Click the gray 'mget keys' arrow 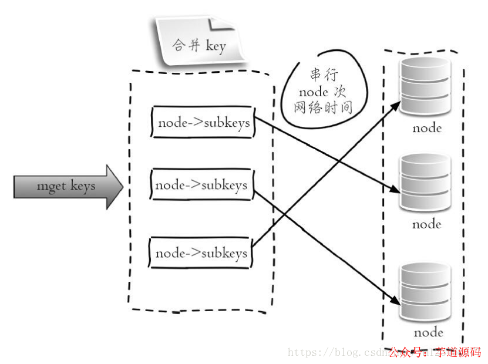tap(68, 187)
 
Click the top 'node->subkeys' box tap(203, 123)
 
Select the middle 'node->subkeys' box tap(201, 186)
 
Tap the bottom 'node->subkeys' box tap(201, 254)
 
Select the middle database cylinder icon tap(426, 183)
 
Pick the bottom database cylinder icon tap(426, 292)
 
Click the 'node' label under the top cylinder tap(427, 128)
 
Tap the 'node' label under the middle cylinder tap(427, 224)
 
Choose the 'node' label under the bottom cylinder tap(428, 332)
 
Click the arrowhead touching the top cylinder tap(395, 104)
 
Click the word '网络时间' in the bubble tap(323, 108)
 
